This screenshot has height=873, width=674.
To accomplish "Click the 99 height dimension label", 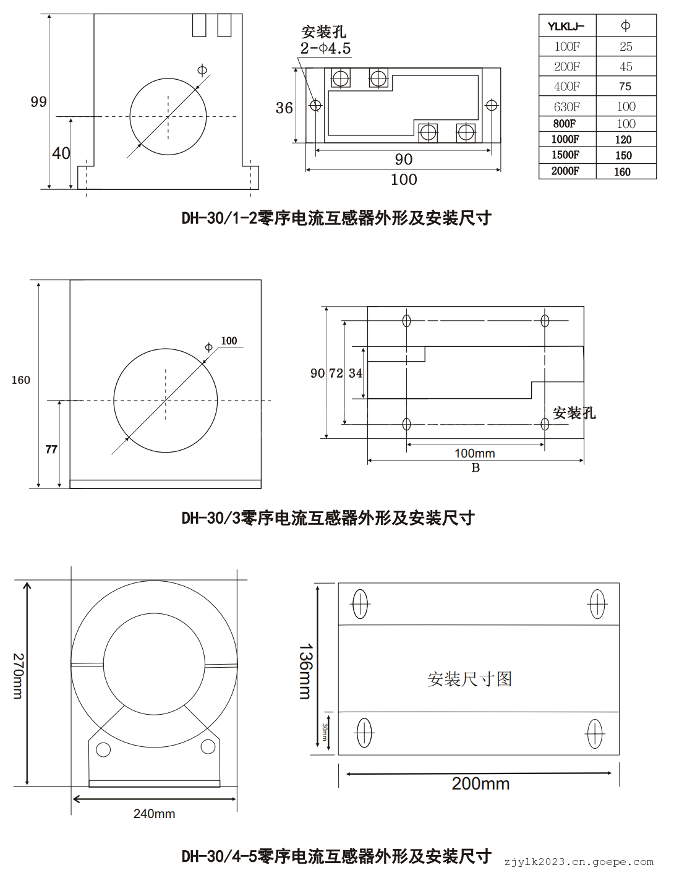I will pyautogui.click(x=38, y=102).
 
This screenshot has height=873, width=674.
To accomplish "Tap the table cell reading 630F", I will pyautogui.click(x=566, y=106).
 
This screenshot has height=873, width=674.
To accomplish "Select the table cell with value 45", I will pyautogui.click(x=626, y=67).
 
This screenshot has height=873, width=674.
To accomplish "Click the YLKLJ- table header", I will pyautogui.click(x=566, y=27).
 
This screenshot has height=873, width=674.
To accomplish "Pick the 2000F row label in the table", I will pyautogui.click(x=565, y=171).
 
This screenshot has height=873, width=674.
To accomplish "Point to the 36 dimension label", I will pyautogui.click(x=284, y=108).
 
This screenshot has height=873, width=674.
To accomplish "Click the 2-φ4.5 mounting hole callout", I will pyautogui.click(x=325, y=48).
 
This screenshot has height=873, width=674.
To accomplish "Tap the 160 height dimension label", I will pyautogui.click(x=20, y=380).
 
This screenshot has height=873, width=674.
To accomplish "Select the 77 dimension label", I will pyautogui.click(x=51, y=449).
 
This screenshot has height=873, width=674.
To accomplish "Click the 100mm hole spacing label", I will pyautogui.click(x=475, y=453).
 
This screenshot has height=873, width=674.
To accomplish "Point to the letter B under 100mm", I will pyautogui.click(x=476, y=468).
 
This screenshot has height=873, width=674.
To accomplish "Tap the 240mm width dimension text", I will pyautogui.click(x=154, y=814).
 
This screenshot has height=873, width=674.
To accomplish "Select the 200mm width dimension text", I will pyautogui.click(x=480, y=784).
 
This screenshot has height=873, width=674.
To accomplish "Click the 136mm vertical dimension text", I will pyautogui.click(x=305, y=671).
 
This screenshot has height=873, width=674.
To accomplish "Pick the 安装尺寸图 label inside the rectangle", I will pyautogui.click(x=469, y=679).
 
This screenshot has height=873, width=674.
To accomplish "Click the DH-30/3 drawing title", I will pyautogui.click(x=328, y=518).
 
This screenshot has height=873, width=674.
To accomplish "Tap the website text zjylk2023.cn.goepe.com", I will pyautogui.click(x=579, y=862).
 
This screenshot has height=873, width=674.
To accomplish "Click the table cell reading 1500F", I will pyautogui.click(x=565, y=155).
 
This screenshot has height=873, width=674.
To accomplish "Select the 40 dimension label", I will pyautogui.click(x=61, y=153).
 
